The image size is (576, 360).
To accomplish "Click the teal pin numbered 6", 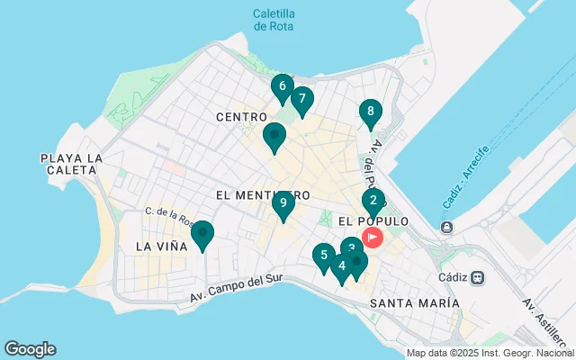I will click(282, 87).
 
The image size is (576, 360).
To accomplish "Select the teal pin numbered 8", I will click(369, 112).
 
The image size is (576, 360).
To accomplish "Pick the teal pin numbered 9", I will click(283, 204).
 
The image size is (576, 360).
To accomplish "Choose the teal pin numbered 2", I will click(373, 201).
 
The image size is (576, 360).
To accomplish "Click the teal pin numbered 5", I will click(323, 256).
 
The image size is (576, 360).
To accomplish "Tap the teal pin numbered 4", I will click(341, 266).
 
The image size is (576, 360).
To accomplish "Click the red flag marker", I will click(373, 238).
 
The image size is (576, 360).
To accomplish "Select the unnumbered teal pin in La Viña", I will click(202, 234).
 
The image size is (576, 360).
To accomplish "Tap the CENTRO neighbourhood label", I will click(241, 118).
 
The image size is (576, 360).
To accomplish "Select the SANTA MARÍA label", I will click(415, 304).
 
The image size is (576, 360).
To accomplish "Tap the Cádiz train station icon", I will click(477, 278).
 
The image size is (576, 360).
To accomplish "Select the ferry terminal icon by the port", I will click(446, 226).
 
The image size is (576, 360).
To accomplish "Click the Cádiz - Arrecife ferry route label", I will click(465, 175).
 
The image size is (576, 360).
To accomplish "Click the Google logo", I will click(30, 349).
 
